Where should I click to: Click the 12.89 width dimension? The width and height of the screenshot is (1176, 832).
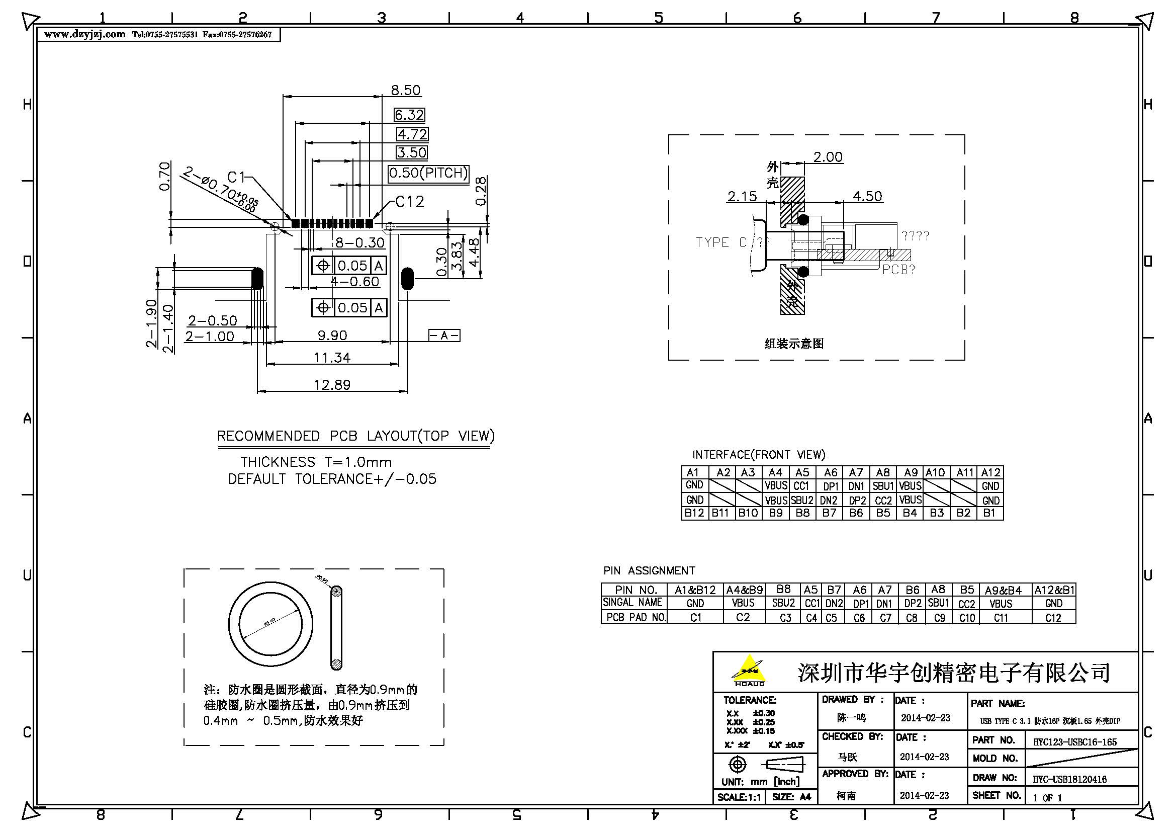332,385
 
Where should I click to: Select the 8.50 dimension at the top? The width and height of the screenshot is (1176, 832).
406,90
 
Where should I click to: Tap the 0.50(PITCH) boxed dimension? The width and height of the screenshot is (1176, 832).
429,173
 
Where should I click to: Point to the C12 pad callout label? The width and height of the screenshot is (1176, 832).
410,202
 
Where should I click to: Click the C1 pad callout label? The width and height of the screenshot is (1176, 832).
237,177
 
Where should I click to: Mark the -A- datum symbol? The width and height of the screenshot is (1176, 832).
444,336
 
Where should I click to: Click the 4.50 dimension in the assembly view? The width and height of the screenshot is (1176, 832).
867,196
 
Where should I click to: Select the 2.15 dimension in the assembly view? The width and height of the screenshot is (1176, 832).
742,196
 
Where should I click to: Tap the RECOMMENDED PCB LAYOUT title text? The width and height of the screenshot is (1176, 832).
356,436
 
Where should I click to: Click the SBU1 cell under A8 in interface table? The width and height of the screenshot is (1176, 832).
883,486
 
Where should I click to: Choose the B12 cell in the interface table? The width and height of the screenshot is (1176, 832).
694,513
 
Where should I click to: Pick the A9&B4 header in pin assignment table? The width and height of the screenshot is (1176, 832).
1003,590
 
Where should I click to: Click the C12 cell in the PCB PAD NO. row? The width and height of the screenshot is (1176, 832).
1053,618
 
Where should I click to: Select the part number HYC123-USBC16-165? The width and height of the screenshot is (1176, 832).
1074,742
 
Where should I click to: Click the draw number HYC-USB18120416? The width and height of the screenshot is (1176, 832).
1069,779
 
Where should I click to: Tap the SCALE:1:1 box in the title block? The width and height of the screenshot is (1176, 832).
739,797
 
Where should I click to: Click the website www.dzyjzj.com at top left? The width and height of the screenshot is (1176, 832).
84,34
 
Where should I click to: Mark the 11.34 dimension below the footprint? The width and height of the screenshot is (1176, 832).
332,357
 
